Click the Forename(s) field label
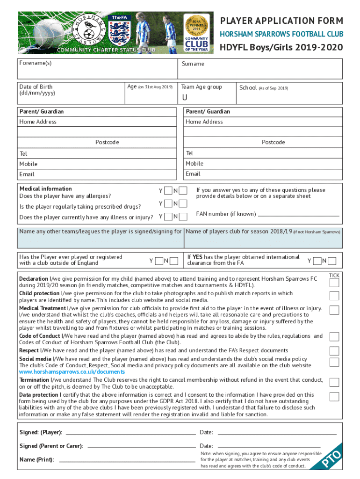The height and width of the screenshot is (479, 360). click(x=35, y=63)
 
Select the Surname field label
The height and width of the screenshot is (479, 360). click(x=193, y=64)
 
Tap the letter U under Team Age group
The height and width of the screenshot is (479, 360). click(x=185, y=97)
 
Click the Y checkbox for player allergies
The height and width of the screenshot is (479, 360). click(x=168, y=191)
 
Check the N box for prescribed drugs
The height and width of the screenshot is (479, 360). click(x=183, y=203)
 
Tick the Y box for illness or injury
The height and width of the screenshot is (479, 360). click(x=168, y=216)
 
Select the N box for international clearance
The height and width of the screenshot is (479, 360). click(x=333, y=261)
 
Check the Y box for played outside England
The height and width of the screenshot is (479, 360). click(x=159, y=261)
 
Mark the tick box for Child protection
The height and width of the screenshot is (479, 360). click(x=334, y=296)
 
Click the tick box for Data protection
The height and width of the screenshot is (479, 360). click(x=334, y=397)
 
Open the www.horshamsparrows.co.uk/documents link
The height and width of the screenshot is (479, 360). click(x=72, y=372)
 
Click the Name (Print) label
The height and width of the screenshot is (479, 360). click(x=36, y=459)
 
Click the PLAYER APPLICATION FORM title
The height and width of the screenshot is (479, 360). click(x=281, y=21)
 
